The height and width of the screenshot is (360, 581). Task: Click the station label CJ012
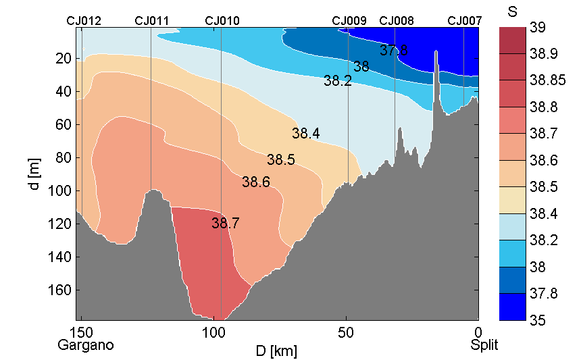point(84,21)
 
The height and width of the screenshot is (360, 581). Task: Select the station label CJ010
point(222,21)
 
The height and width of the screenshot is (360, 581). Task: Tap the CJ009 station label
point(349,21)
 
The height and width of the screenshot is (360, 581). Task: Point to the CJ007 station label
point(465,21)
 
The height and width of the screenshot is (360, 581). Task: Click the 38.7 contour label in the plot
point(226,223)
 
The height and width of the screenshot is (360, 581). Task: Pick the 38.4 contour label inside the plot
point(305,134)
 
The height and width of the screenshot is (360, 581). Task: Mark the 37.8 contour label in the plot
point(393,51)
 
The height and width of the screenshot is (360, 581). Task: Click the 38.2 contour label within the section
point(338,81)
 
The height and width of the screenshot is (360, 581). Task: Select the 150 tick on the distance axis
point(82,333)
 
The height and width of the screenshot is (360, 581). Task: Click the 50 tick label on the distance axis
point(346,333)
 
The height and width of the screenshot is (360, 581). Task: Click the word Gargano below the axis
point(86,345)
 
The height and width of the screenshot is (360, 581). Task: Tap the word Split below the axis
point(484,345)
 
